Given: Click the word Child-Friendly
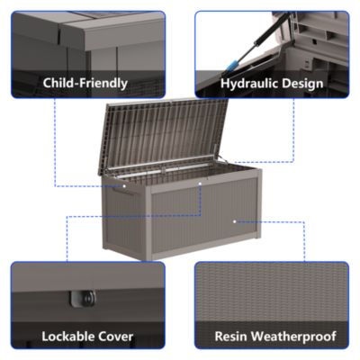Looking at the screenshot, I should tap(85, 84).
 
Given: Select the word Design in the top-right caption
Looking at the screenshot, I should tap(301, 84).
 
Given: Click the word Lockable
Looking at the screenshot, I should tap(69, 337).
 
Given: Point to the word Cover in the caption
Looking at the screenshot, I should tap(116, 337).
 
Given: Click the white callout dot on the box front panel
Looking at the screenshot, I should tap(235, 220).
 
